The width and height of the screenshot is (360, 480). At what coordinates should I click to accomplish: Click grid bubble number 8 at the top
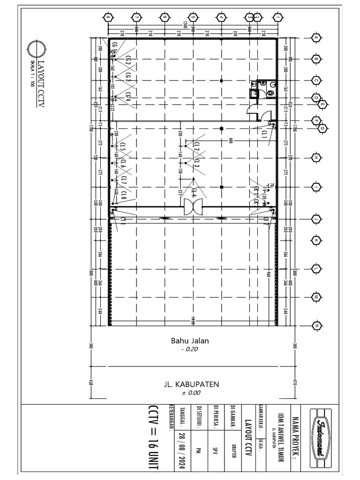pyautogui.click(x=108, y=18)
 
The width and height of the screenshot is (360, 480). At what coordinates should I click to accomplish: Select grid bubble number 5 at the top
pyautogui.click(x=193, y=18)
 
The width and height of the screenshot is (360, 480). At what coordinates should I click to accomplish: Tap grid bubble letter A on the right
pyautogui.click(x=316, y=37)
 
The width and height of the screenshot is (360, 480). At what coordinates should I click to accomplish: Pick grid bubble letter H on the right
pyautogui.click(x=316, y=157)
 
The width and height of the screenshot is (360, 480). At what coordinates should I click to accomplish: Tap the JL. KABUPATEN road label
pyautogui.click(x=191, y=384)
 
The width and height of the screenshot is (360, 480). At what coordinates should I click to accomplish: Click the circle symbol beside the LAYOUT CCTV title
pyautogui.click(x=37, y=48)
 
